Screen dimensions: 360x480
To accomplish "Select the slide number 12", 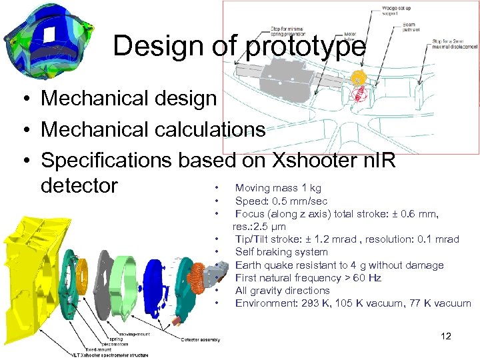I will click(x=446, y=336).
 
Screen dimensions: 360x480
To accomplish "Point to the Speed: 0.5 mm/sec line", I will click(x=281, y=201).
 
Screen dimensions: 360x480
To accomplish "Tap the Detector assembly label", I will click(x=201, y=340).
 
